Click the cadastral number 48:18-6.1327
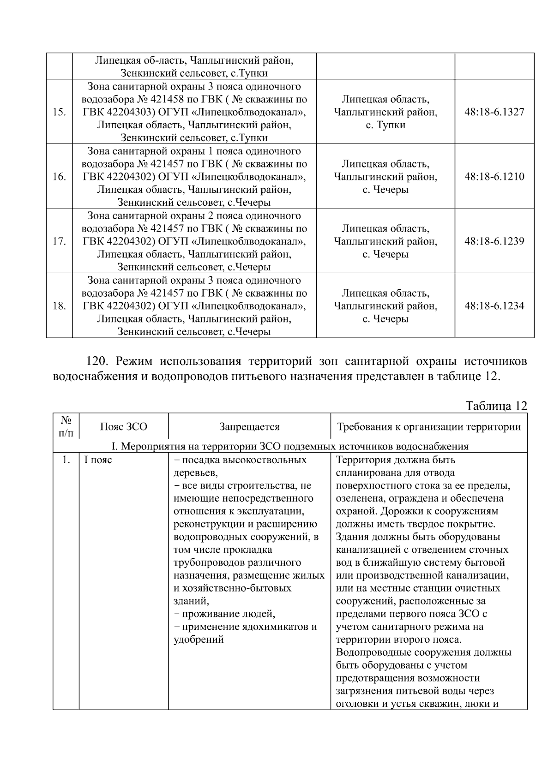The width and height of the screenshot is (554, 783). tap(494, 112)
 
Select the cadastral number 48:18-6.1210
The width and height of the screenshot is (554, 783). tap(494, 177)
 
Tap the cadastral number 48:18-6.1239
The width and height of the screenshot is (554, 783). tap(494, 241)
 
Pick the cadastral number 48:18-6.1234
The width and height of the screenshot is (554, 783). tap(494, 306)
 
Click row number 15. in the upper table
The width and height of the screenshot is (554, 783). tap(59, 112)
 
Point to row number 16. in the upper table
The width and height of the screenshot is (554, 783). tap(59, 177)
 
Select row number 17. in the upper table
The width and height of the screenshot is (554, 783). tap(59, 241)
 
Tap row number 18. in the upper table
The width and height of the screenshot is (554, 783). tap(59, 306)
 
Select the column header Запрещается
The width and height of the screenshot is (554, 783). tap(249, 427)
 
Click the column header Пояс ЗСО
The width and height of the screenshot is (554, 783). tap(124, 427)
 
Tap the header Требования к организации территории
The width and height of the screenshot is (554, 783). tap(429, 427)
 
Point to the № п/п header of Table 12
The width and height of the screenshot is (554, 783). tap(66, 426)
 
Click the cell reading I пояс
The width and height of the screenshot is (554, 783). tap(98, 460)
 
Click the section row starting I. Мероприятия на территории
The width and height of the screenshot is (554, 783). tap(290, 446)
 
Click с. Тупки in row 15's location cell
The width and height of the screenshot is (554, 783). tap(385, 125)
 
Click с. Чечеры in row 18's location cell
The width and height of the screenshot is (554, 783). tap(385, 319)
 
